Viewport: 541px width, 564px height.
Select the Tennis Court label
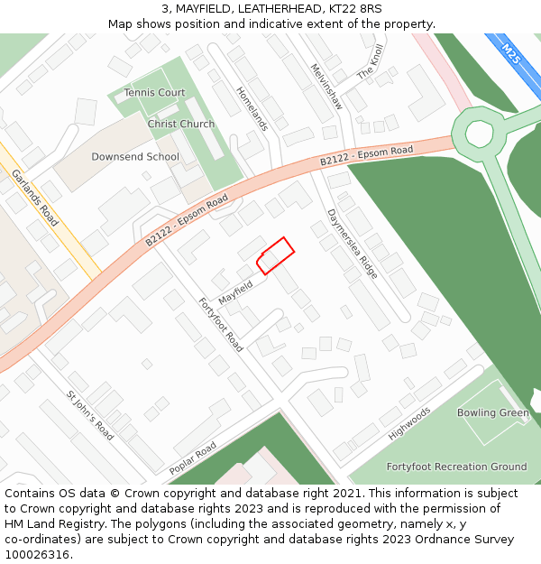tap(154, 92)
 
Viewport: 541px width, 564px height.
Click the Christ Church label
tap(181, 124)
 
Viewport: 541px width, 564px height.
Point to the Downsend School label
tap(135, 156)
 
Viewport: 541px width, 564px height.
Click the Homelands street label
tap(252, 109)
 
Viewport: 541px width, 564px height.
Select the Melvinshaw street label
tap(326, 87)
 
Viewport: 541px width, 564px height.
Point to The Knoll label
tap(371, 61)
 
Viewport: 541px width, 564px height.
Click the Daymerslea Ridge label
tap(353, 242)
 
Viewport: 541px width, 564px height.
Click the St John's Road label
tap(90, 415)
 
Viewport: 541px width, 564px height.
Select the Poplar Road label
tap(193, 458)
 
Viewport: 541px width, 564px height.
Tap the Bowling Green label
tap(493, 412)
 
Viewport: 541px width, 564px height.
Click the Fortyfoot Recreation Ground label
tap(456, 467)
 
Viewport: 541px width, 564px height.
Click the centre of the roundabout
tap(479, 134)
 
